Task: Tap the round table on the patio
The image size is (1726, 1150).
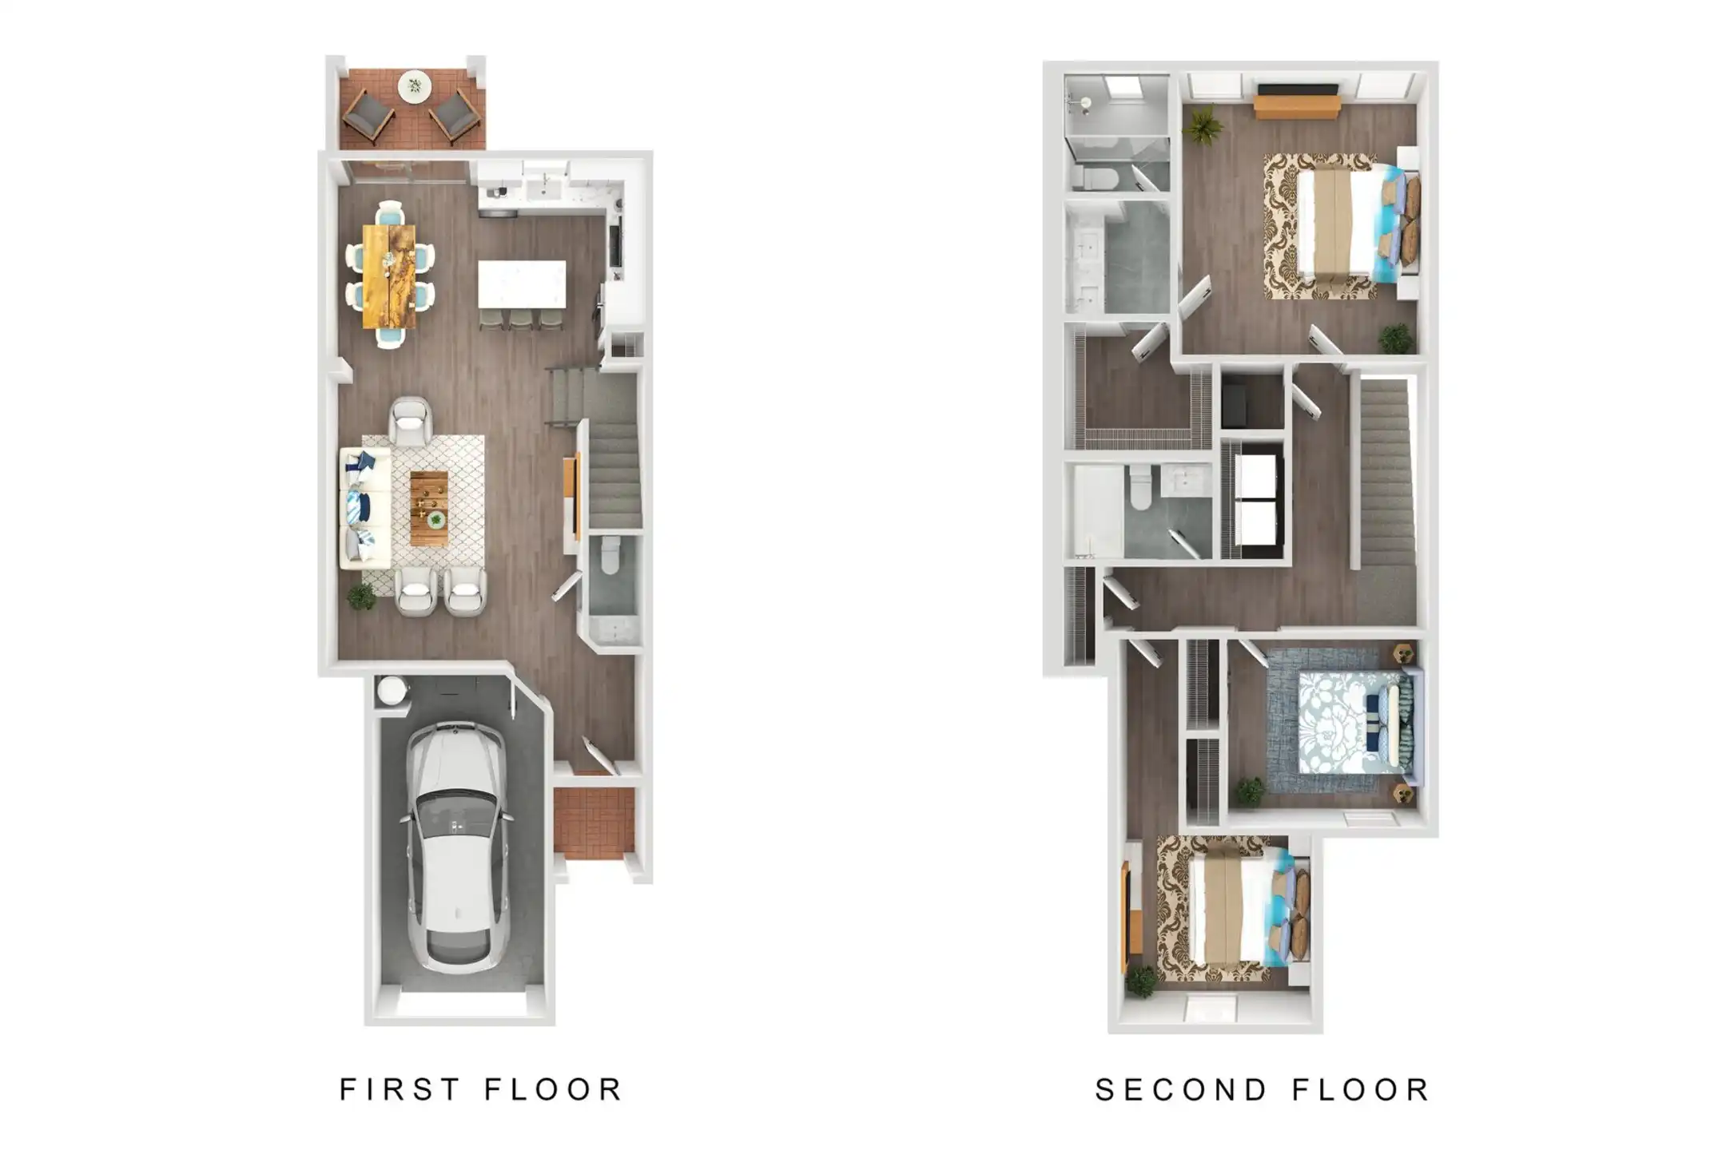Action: (x=414, y=85)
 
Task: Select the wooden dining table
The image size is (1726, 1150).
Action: (x=389, y=276)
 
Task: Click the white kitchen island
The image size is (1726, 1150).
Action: (x=522, y=284)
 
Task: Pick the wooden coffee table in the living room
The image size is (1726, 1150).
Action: (x=429, y=508)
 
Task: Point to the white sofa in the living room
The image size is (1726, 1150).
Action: (x=365, y=508)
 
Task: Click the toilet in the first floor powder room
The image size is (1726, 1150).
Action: (x=610, y=554)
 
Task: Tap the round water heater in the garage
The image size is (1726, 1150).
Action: (x=392, y=690)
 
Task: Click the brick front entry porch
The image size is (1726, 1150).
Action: (x=594, y=823)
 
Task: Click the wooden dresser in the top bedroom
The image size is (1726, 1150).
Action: (x=1296, y=107)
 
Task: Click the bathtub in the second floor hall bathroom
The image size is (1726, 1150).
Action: (x=1095, y=512)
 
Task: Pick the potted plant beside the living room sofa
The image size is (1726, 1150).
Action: (x=361, y=597)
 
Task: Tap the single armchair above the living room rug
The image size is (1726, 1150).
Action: (x=411, y=421)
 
